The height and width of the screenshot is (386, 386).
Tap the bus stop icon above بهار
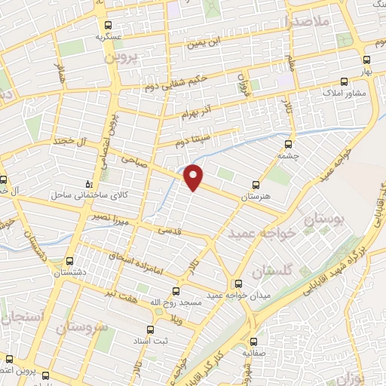tap(366, 60)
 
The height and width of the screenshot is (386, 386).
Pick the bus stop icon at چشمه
tap(287, 144)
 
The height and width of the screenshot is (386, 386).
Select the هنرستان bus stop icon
tap(256, 183)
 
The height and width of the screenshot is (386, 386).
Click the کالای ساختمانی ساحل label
tap(78, 195)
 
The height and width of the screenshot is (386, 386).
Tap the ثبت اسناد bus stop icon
tap(149, 329)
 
